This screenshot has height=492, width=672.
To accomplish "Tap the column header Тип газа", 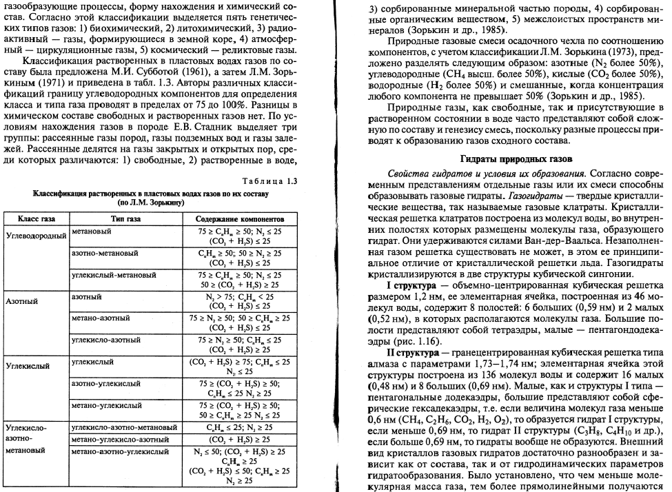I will [125, 218].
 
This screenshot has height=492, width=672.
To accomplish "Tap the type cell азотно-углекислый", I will [102, 383].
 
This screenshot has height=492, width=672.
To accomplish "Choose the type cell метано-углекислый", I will [102, 405].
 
